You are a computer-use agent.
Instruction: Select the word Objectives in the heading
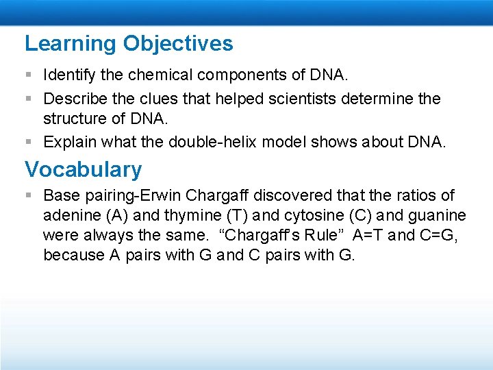[178, 44]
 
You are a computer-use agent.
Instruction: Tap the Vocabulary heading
[83, 169]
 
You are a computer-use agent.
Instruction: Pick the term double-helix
[215, 142]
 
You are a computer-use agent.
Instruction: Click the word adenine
[72, 216]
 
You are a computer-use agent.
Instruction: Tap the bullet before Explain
[29, 143]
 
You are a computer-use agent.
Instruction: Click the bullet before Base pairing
[29, 196]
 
